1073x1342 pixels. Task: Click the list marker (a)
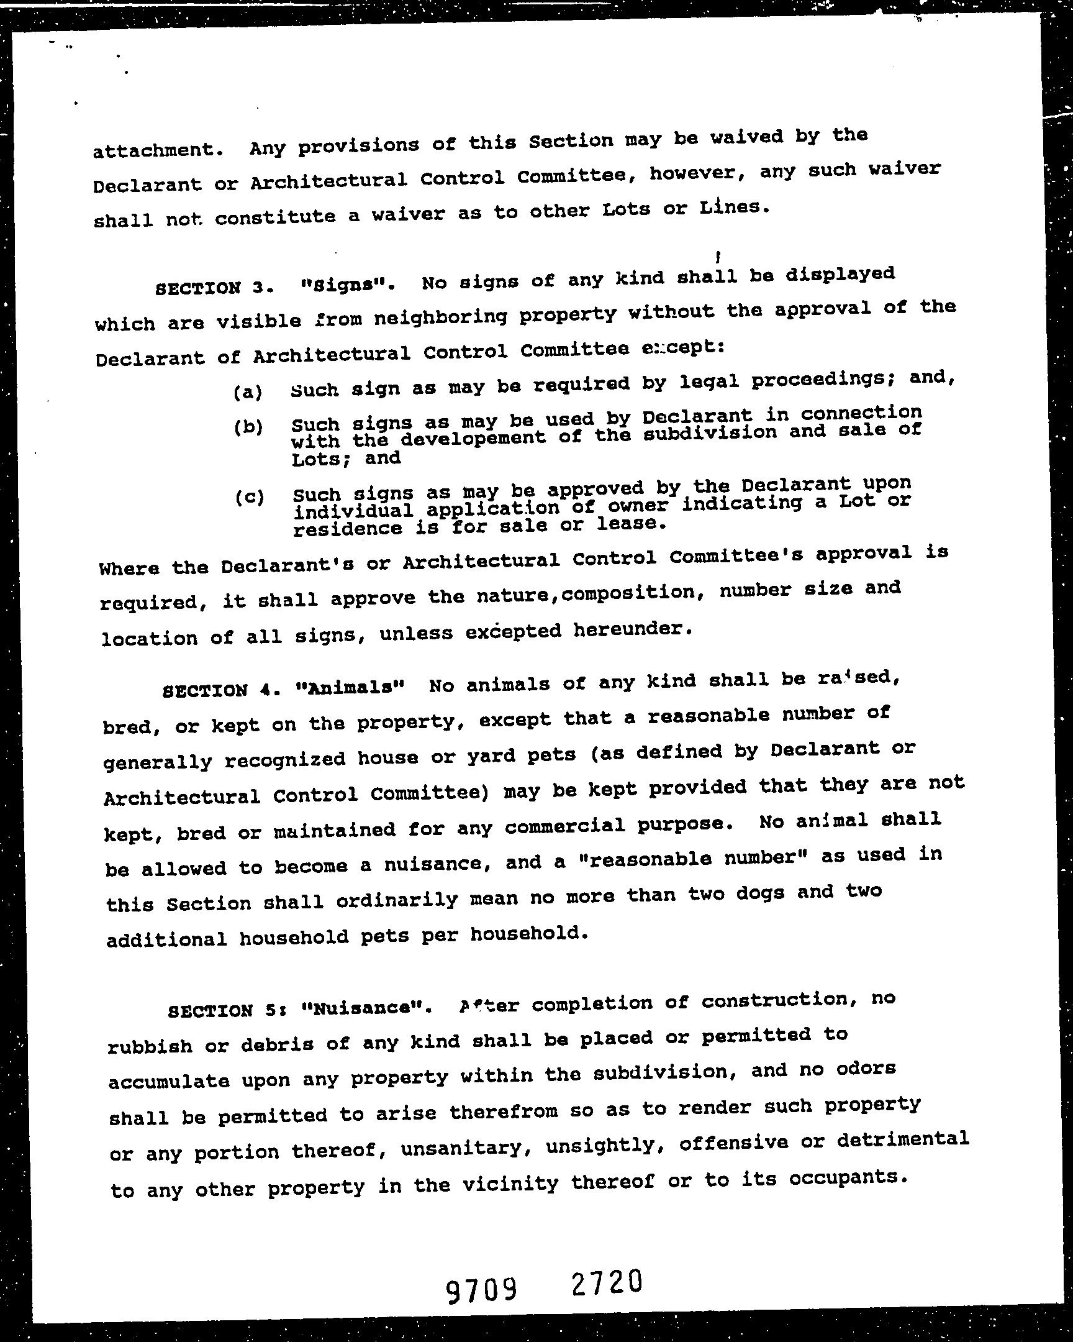click(248, 392)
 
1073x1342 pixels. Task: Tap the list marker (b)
click(249, 427)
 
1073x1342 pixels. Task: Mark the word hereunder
click(630, 630)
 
